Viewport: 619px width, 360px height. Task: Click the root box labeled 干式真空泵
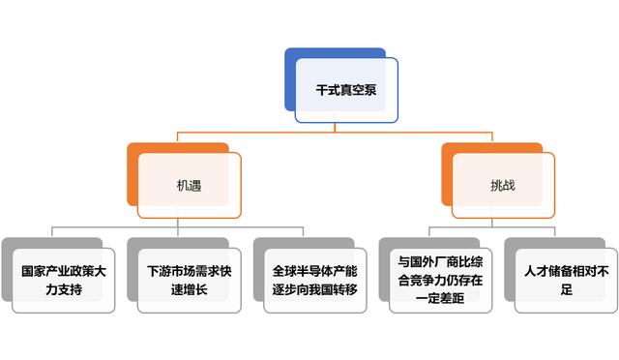[346, 90]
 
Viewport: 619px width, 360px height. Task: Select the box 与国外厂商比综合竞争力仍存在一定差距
[440, 280]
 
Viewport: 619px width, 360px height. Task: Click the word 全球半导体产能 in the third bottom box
[314, 270]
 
